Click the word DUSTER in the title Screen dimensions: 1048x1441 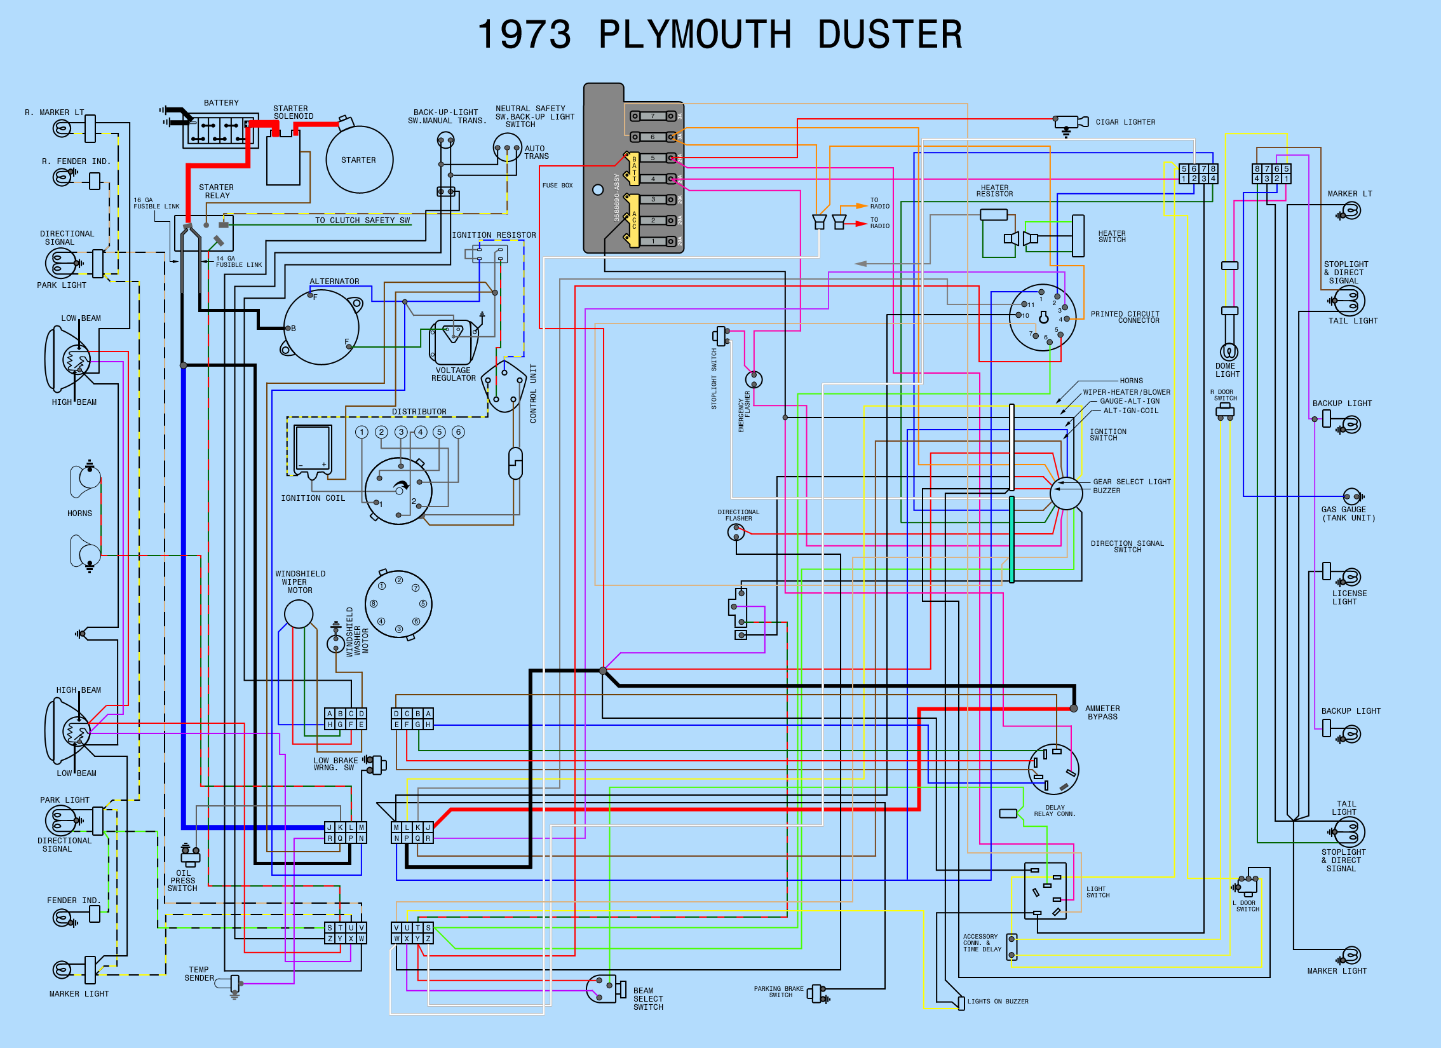coord(890,35)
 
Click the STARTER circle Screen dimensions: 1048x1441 coord(359,160)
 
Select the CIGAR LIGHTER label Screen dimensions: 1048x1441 coord(1125,122)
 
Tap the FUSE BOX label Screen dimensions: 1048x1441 coord(557,186)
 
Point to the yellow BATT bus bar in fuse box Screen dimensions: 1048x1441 coord(633,168)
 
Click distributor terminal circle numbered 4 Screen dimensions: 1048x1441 coord(420,432)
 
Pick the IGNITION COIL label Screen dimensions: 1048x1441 coord(313,498)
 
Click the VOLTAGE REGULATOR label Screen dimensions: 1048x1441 coord(453,374)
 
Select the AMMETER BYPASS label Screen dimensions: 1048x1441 coord(1102,712)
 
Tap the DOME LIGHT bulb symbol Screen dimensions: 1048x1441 coord(1229,351)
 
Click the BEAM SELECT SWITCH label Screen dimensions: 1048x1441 coord(648,999)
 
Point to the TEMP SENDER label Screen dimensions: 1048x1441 coord(199,974)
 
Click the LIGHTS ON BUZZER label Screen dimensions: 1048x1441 coord(998,1002)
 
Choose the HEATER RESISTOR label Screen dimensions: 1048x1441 coord(994,191)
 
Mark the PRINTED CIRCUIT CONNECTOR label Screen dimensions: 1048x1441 coord(1125,317)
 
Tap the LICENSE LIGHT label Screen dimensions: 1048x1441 coord(1349,597)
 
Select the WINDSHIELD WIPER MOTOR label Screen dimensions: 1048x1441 coord(300,582)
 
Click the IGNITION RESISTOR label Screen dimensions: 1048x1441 coord(494,235)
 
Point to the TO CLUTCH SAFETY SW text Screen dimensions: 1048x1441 coord(362,221)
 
